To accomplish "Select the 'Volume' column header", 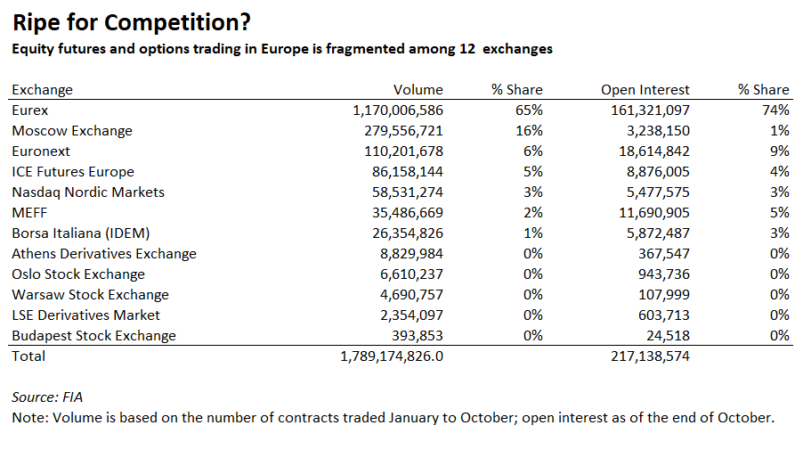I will [418, 89].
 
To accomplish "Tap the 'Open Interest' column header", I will [645, 89].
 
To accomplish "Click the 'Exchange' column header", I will [42, 89].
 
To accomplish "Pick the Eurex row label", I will [30, 110].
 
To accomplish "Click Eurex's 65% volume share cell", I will [529, 110].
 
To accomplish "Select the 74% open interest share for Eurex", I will [775, 110].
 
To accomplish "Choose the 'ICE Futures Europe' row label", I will [73, 171].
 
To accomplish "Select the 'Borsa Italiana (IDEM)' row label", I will [80, 233].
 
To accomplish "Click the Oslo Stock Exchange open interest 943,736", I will [660, 274].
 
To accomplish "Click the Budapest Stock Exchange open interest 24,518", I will [664, 335].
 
